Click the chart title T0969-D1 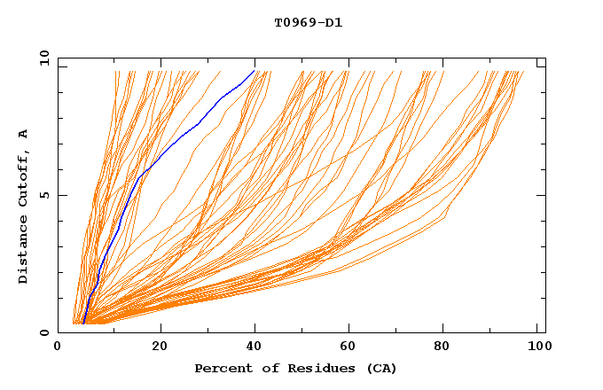pos(308,22)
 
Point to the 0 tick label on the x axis pos(59,347)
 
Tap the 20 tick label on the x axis pos(160,347)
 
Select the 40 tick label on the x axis pos(256,347)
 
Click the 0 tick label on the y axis pos(45,333)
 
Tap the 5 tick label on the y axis pos(45,195)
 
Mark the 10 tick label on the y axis pos(43,58)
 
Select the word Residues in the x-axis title pos(312,368)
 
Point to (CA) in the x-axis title pos(381,368)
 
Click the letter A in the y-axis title pos(23,133)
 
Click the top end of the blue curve pos(255,70)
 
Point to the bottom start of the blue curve pos(82,324)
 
